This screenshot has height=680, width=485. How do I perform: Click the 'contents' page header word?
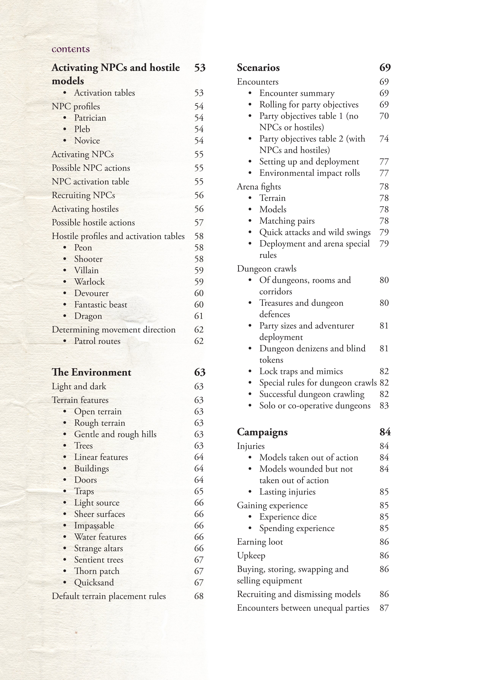click(71, 49)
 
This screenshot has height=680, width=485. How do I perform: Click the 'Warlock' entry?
click(89, 282)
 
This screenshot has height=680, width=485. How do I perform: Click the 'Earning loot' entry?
click(260, 542)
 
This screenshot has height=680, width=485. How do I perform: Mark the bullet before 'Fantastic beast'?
click(65, 305)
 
